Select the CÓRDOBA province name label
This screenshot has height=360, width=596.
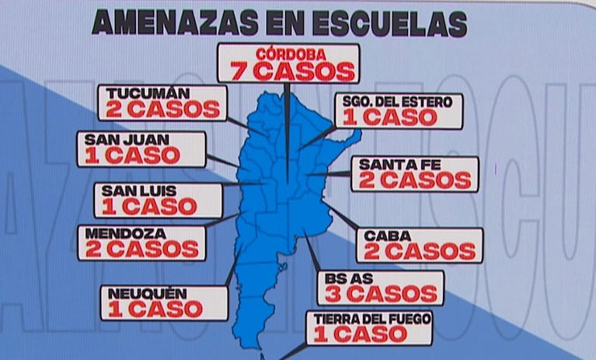tap(288, 55)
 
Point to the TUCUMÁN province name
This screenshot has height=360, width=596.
tap(139, 93)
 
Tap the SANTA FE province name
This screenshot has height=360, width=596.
tap(393, 164)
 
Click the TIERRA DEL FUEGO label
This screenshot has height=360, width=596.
tap(368, 318)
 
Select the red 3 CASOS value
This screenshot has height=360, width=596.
tap(380, 295)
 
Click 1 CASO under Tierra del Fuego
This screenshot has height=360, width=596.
tap(359, 335)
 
